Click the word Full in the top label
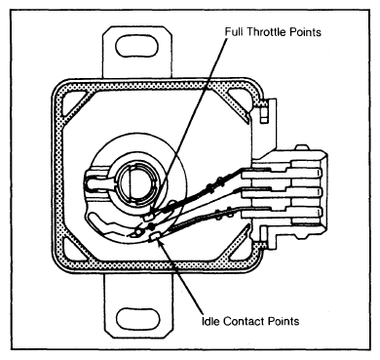point(234,32)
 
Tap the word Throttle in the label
point(265,32)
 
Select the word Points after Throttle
point(305,32)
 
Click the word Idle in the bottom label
point(211,321)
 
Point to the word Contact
point(245,321)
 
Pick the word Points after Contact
point(284,321)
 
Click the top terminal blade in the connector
point(281,173)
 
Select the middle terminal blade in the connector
point(281,192)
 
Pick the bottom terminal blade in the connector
point(281,212)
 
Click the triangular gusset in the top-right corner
point(241,103)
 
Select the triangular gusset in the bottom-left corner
point(75,252)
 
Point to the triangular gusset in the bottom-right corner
point(241,252)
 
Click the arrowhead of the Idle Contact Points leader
point(161,244)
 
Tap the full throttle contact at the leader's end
point(149,216)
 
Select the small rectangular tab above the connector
point(264,116)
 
